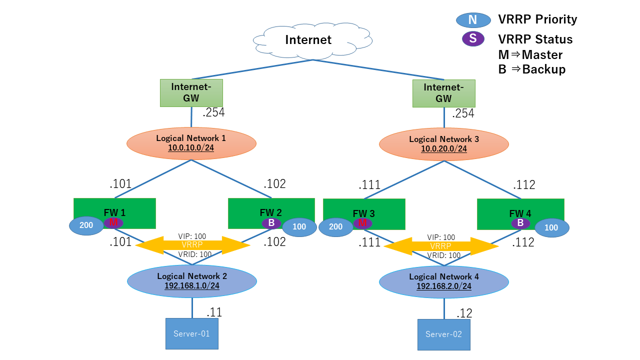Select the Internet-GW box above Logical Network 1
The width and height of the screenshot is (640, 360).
click(x=191, y=93)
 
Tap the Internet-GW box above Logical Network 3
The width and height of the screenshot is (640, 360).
click(x=443, y=93)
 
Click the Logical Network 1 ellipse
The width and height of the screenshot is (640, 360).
click(x=191, y=143)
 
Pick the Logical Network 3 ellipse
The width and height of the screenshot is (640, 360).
click(x=444, y=144)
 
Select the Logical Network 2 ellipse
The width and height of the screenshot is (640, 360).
click(x=192, y=281)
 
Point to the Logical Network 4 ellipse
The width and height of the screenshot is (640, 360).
click(x=444, y=281)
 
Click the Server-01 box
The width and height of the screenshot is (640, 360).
click(x=192, y=333)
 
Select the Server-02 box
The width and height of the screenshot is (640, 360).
click(x=444, y=334)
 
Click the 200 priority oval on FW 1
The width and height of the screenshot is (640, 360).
click(x=86, y=225)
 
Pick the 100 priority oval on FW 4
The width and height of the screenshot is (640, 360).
click(x=551, y=227)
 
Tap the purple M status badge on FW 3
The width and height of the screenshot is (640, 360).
click(x=363, y=223)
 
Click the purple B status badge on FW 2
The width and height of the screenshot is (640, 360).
click(x=271, y=223)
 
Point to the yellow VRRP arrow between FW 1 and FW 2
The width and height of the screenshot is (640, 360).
click(x=192, y=245)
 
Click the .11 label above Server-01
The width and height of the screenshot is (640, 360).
click(x=214, y=312)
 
